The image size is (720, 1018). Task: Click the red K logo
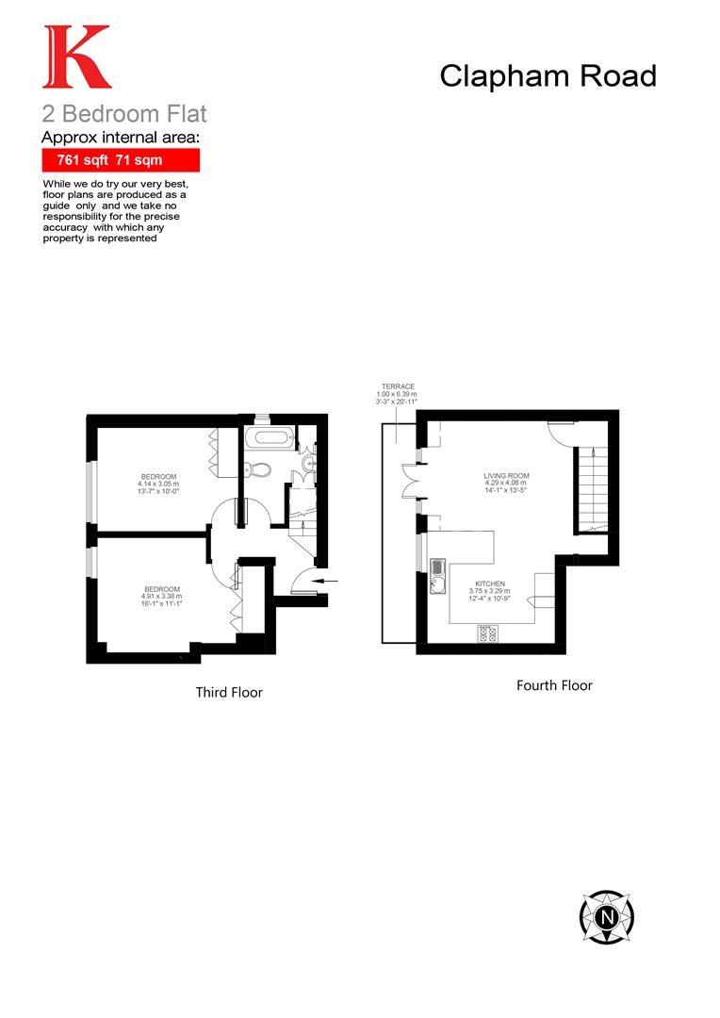click(x=76, y=57)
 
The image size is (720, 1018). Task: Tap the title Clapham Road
click(x=548, y=75)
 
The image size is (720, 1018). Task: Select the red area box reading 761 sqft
click(x=121, y=160)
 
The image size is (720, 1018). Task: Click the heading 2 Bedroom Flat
click(x=123, y=115)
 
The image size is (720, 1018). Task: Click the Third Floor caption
click(x=229, y=693)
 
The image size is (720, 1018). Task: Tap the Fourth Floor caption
click(x=554, y=686)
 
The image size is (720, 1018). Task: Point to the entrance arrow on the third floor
click(x=319, y=581)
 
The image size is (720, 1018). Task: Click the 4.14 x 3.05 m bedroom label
click(x=159, y=483)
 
